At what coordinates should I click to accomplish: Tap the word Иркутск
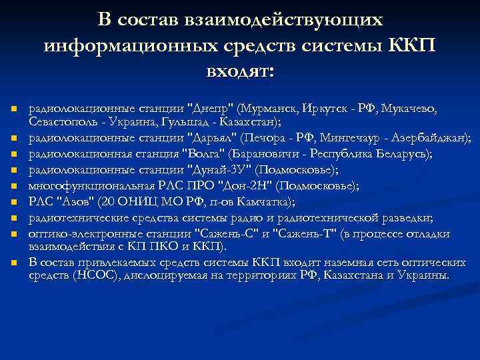pyautogui.click(x=323, y=109)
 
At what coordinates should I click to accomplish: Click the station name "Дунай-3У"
pyautogui.click(x=215, y=169)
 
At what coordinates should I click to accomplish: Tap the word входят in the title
pyautogui.click(x=239, y=69)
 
